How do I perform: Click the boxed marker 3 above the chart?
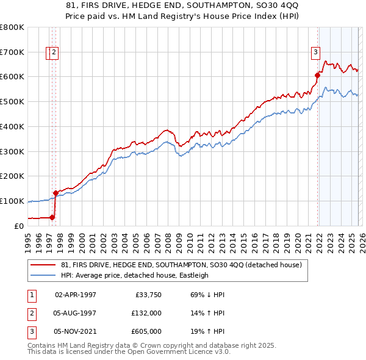tap(316, 52)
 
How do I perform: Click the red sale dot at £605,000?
tap(317, 75)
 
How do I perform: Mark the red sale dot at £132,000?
tap(56, 193)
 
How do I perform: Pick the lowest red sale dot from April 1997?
tap(52, 217)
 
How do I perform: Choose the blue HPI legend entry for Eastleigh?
tap(135, 275)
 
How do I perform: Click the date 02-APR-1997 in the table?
tap(76, 294)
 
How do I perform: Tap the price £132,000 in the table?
tap(146, 313)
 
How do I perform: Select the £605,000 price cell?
tap(146, 331)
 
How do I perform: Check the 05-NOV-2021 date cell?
tap(76, 331)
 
